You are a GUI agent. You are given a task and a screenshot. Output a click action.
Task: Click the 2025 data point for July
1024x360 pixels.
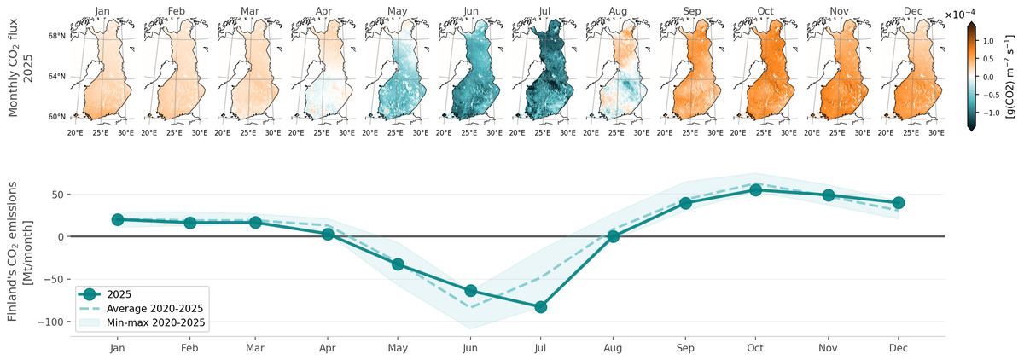(540, 307)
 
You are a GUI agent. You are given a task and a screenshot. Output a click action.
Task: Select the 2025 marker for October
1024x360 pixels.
(755, 189)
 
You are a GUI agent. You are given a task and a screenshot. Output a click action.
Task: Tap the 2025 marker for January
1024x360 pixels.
(118, 219)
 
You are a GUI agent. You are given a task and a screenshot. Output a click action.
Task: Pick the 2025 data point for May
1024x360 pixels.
(397, 264)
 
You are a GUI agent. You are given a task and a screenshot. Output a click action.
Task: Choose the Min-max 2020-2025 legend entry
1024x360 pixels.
(157, 323)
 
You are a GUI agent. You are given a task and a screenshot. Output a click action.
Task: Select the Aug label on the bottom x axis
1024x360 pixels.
(612, 349)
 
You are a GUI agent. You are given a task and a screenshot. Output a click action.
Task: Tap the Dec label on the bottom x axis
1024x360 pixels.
(899, 349)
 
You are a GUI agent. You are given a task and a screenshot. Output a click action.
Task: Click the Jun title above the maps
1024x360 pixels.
(471, 11)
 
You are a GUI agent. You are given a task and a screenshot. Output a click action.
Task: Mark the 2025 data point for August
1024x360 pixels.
(612, 236)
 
